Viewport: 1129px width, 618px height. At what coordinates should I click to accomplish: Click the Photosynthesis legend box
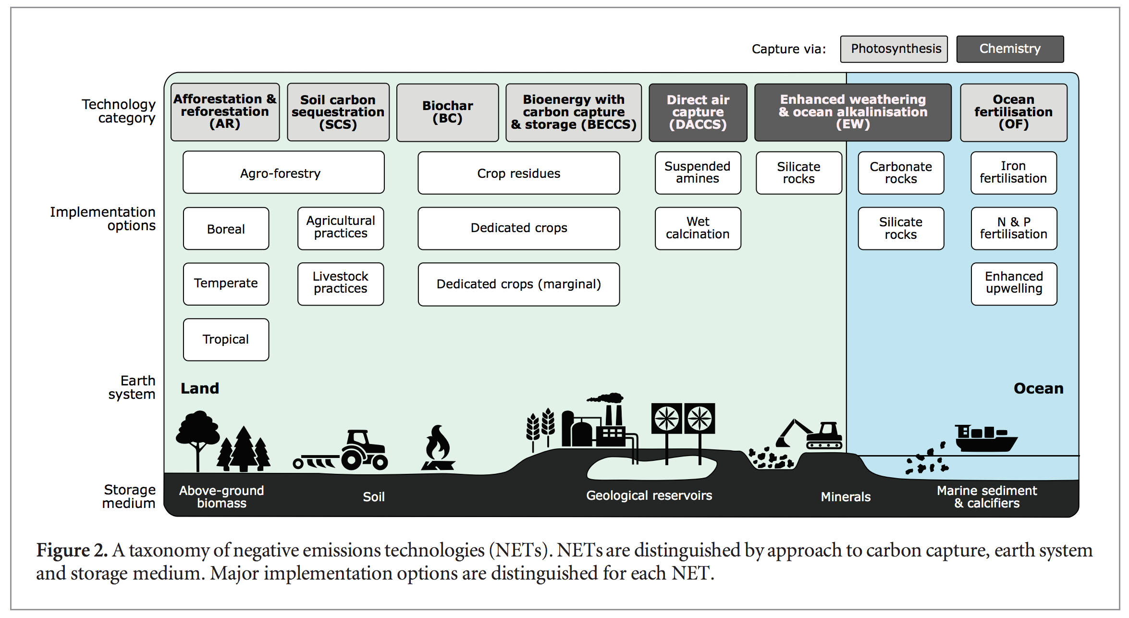coord(894,49)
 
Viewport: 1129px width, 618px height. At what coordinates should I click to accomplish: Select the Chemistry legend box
coord(1010,49)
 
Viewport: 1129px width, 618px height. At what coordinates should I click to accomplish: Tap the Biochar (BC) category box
coord(447,112)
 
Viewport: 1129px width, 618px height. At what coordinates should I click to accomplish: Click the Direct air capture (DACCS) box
coord(698,112)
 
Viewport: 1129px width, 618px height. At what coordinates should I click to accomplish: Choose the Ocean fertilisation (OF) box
coord(1013,112)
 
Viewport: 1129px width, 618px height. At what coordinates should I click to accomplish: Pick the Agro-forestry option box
coord(283,173)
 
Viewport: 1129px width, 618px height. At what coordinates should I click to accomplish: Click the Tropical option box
coord(226,339)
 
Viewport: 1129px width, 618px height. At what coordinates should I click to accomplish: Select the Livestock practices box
coord(341,284)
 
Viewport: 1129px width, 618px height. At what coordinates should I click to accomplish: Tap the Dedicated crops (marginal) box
coord(518,284)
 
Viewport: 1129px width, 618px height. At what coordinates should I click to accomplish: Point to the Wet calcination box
coord(698,228)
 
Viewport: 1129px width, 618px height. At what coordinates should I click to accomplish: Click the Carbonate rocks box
coord(901,173)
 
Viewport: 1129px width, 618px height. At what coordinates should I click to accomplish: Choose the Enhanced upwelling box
coord(1014,284)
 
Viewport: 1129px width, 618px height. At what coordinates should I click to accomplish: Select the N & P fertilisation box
coord(1014,228)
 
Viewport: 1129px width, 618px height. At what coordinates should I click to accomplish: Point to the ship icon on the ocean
coord(985,438)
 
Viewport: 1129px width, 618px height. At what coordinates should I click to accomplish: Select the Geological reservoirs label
coord(649,495)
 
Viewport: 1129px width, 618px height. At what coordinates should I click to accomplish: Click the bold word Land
coord(200,388)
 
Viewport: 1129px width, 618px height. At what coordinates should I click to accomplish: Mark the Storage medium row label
coord(129,496)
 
